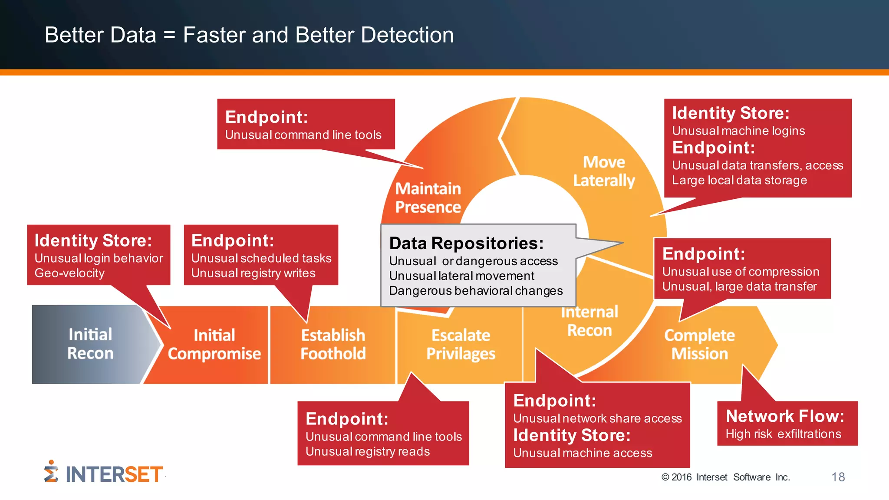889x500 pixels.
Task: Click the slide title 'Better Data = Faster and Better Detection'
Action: tap(249, 35)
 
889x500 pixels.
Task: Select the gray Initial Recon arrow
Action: tap(90, 344)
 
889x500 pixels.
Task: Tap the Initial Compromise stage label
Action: tap(214, 345)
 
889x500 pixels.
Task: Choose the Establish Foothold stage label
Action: tap(333, 345)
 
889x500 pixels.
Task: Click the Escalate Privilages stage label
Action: tap(461, 345)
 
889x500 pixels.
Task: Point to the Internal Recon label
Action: tap(589, 322)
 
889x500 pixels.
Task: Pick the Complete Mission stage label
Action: tap(699, 345)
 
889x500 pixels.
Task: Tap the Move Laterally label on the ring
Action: tap(604, 171)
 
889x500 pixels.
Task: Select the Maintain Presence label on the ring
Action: tap(428, 198)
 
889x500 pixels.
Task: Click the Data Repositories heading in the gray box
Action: tap(466, 243)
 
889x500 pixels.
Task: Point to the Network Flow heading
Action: tap(785, 416)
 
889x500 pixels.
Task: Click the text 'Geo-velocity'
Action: tap(69, 273)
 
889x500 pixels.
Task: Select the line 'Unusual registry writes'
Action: tap(253, 273)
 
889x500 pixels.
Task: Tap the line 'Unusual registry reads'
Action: tap(367, 451)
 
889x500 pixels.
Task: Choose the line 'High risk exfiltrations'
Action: tap(783, 434)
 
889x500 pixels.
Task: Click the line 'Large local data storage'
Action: tap(739, 180)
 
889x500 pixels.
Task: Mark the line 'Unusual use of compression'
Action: tap(741, 272)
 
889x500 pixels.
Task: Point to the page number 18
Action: tap(838, 477)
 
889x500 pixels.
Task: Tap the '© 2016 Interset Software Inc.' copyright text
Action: tap(725, 477)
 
